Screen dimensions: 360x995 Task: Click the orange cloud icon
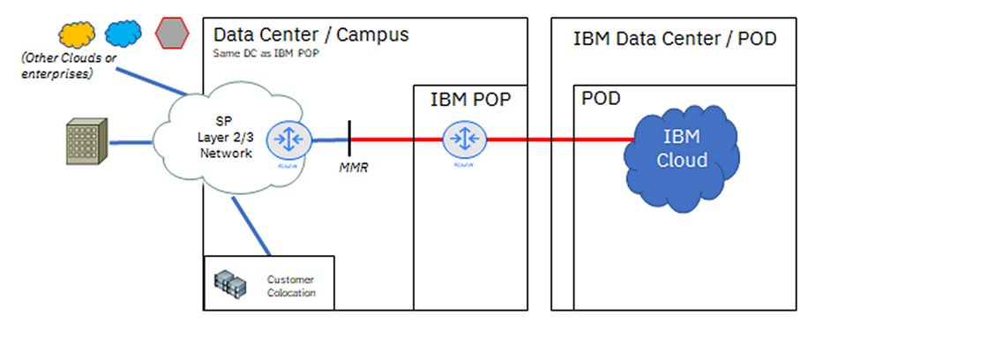pos(77,34)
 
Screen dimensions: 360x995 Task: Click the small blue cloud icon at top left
pos(123,34)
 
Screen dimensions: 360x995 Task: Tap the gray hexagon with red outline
pos(171,34)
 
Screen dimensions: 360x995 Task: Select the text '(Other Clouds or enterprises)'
pos(57,67)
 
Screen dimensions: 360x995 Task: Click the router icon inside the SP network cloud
pos(287,139)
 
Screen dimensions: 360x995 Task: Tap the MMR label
pos(353,168)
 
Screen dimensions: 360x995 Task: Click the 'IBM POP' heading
pos(470,100)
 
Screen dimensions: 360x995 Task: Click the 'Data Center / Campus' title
pos(311,35)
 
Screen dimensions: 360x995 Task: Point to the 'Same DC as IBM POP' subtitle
pos(266,53)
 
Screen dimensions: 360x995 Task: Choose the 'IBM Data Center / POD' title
pos(675,39)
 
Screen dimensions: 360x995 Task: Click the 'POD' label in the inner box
pos(601,98)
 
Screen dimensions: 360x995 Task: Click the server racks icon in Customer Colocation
pos(231,282)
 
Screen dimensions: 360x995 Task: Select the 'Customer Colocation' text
pos(291,286)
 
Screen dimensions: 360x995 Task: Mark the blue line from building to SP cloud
pos(132,140)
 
